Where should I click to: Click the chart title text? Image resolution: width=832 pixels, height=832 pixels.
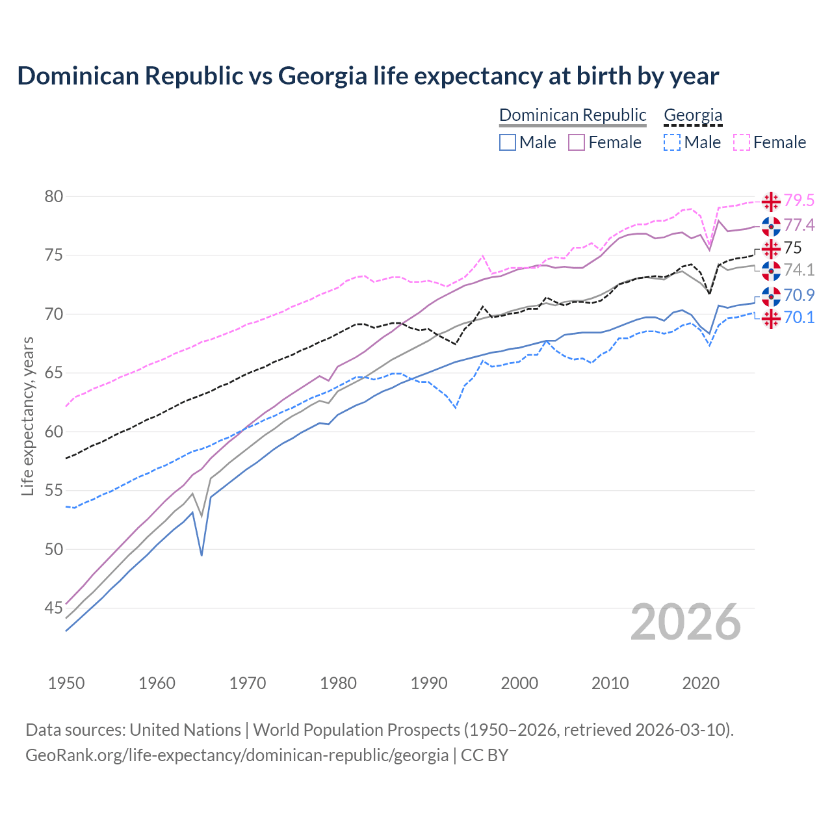tap(368, 76)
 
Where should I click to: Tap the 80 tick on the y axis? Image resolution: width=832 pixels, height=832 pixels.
tap(54, 196)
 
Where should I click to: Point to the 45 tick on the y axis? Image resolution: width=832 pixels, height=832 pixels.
tap(54, 608)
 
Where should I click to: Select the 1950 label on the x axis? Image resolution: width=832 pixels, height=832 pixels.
tap(66, 683)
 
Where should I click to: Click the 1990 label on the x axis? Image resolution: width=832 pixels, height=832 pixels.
tap(429, 683)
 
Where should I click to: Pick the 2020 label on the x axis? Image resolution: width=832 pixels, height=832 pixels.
tap(701, 683)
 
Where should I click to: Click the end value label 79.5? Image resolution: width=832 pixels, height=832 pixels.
tap(799, 201)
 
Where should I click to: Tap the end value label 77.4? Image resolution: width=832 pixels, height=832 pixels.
tap(799, 226)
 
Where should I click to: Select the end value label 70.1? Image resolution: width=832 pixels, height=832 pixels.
tap(799, 318)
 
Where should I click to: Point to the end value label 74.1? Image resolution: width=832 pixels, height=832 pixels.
tap(799, 270)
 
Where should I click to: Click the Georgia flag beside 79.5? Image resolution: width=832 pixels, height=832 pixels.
tap(771, 201)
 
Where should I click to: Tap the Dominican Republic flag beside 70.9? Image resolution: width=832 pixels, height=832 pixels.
tap(771, 296)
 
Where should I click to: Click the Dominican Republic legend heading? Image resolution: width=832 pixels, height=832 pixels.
tap(573, 115)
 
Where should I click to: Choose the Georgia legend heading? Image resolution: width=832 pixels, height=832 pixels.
tap(693, 115)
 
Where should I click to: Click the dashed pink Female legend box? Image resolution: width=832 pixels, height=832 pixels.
tap(741, 142)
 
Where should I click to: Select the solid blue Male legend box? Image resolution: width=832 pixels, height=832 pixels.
tap(508, 142)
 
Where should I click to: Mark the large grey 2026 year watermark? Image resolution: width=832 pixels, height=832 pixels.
tap(686, 622)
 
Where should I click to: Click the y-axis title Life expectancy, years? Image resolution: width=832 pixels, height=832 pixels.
tap(27, 416)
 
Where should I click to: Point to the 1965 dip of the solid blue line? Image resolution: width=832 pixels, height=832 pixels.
tap(201, 555)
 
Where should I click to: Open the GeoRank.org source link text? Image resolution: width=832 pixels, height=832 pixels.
tap(237, 755)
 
